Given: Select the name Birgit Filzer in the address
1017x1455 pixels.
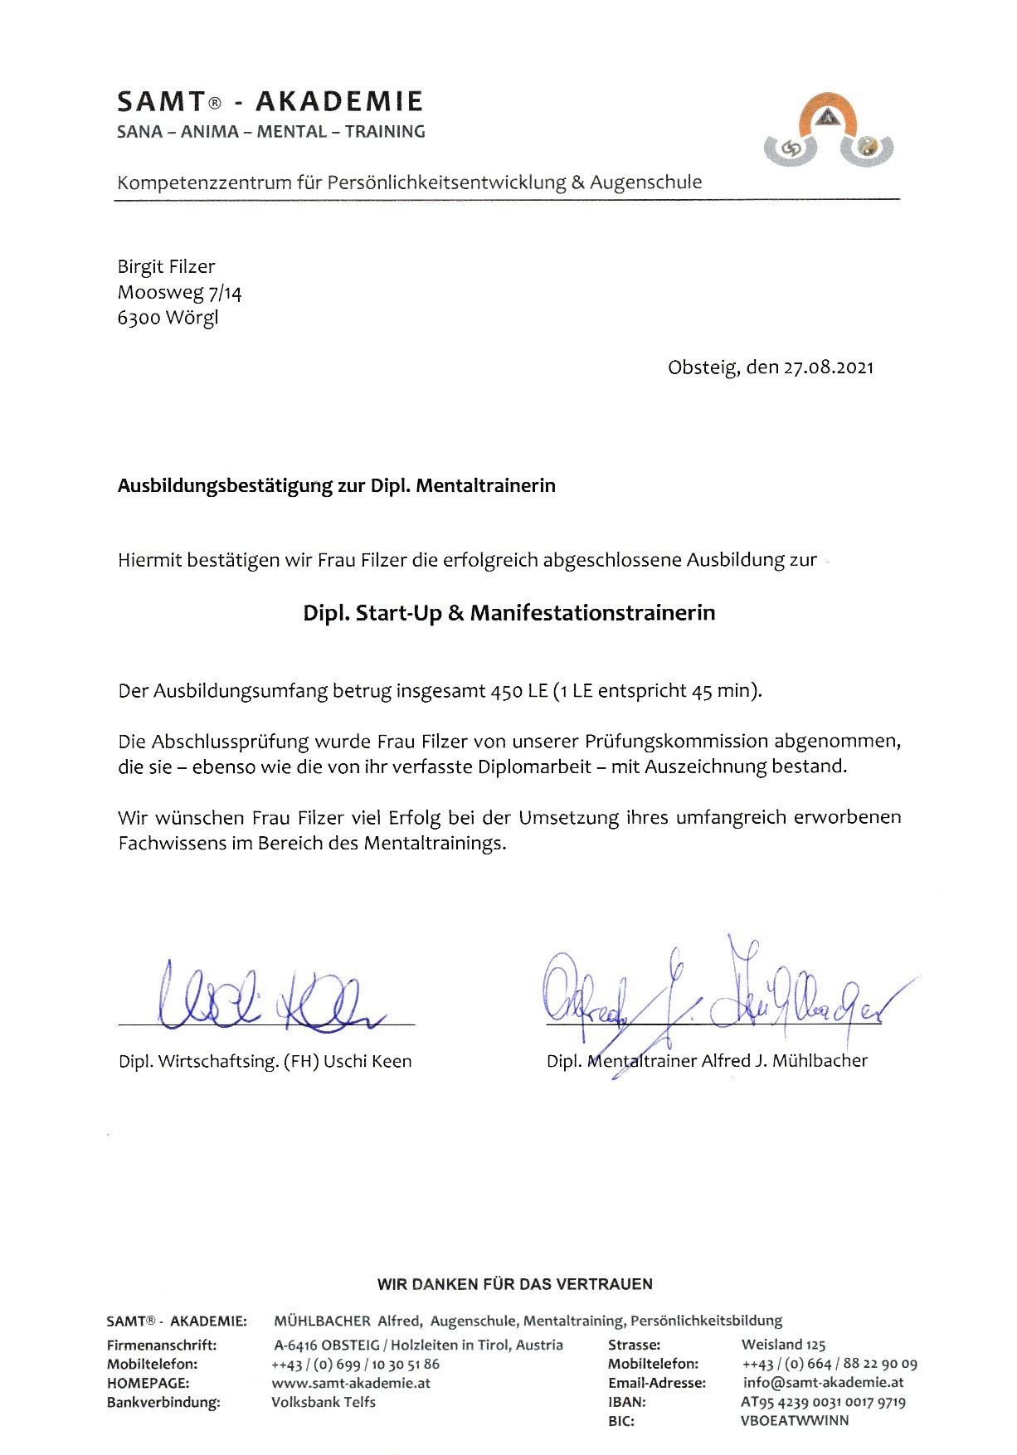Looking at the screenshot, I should coord(166,266).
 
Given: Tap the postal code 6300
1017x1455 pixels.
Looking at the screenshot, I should coord(139,318).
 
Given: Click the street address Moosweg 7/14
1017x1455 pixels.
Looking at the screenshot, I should coord(179,292).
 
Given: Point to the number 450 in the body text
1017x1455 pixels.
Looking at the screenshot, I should coord(506,691).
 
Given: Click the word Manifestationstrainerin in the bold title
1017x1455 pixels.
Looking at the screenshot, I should coord(592,613).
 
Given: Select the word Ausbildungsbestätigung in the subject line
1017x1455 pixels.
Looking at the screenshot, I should coord(225,486).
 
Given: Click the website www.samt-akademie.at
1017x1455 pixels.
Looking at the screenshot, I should coord(351,1383).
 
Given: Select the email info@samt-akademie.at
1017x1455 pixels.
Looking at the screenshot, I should coord(823,1383).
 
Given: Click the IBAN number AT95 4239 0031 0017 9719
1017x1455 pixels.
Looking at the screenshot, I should coord(823,1402).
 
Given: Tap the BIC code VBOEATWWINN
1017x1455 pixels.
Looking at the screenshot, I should coord(794,1420).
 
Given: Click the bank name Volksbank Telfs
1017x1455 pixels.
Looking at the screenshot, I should coord(324,1402).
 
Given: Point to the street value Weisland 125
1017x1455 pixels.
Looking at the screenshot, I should coord(783,1345).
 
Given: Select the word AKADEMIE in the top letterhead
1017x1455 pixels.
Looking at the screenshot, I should coord(339,102).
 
